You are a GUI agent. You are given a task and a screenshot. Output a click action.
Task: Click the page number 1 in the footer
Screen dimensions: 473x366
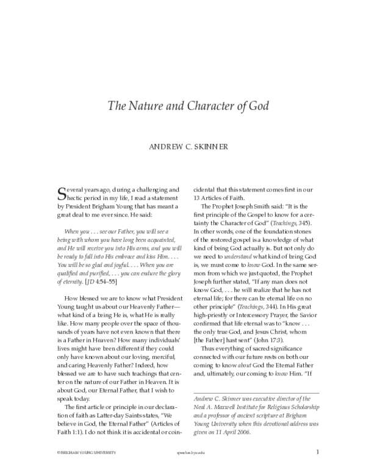(318, 452)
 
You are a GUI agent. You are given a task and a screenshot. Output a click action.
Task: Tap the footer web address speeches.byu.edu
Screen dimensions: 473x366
(188, 452)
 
